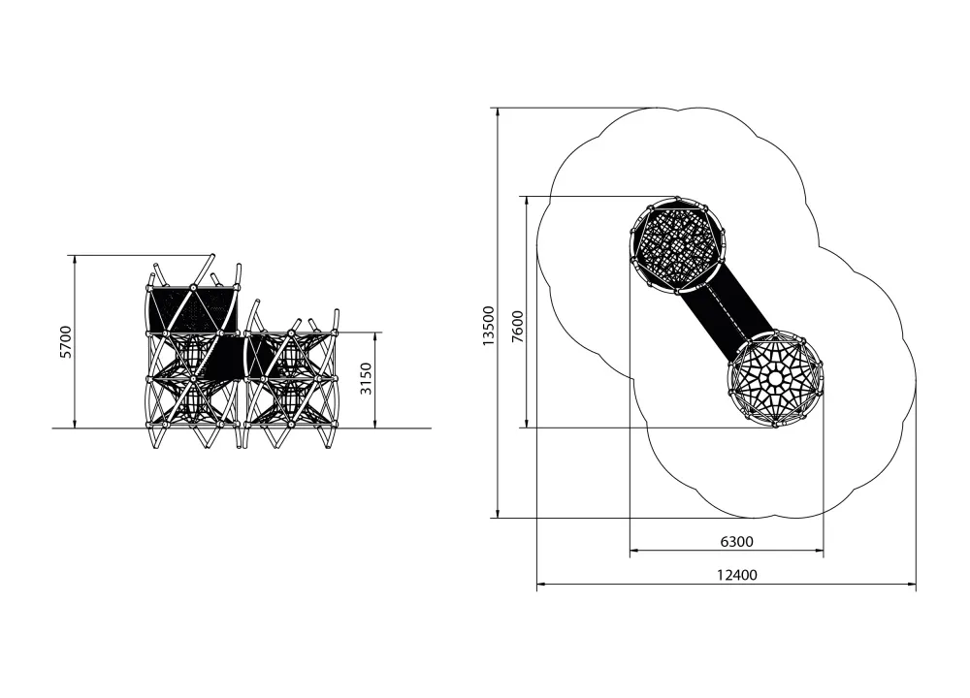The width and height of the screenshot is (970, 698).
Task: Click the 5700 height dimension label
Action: (66, 341)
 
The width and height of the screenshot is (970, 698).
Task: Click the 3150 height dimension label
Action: (366, 379)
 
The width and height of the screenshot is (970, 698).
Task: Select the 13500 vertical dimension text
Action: (489, 326)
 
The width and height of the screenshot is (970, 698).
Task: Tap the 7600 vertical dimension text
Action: (517, 327)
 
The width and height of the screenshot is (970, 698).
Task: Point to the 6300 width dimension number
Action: (737, 542)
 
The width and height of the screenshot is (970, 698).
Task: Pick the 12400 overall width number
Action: (737, 575)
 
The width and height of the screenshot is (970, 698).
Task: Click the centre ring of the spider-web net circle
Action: (775, 378)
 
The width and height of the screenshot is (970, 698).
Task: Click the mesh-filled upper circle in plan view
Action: (678, 244)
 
